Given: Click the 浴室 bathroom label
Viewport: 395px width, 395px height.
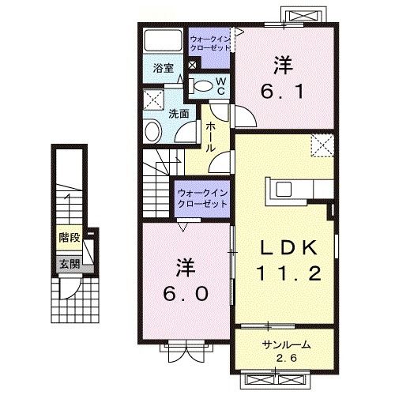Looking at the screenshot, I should pos(163,68).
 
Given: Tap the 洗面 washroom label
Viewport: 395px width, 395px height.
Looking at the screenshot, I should pos(179,112).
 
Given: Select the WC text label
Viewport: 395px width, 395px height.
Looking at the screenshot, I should pos(221,85).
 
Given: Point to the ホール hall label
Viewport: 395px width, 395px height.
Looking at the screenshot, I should pos(211,137).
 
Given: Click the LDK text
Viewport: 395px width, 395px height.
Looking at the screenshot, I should pos(288,249).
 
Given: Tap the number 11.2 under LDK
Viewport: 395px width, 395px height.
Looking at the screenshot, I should pos(288,275).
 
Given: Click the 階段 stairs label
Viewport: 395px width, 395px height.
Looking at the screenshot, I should pos(70,237).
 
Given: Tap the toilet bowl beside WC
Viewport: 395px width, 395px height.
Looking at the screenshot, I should pos(201,86).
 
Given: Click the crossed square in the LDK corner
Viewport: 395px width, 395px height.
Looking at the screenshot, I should pos(322,145).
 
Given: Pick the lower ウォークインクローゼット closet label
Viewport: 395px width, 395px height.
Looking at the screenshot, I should pos(202,197).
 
